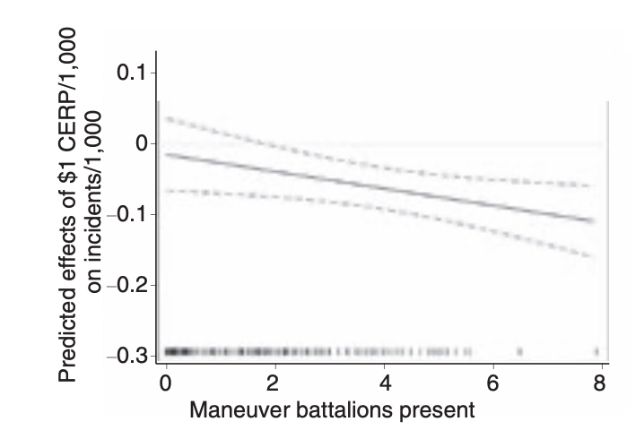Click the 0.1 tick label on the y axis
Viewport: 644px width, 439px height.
pos(133,73)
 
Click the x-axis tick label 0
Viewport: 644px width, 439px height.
pos(166,384)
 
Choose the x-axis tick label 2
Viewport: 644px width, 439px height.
pos(275,384)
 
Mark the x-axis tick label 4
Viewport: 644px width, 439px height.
pos(384,384)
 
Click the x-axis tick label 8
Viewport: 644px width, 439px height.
pos(600,384)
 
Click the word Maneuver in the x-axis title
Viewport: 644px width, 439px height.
pos(231,414)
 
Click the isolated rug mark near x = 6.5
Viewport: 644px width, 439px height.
pos(519,351)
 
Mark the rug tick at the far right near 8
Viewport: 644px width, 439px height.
pos(596,351)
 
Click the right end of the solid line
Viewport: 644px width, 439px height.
pos(592,220)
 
